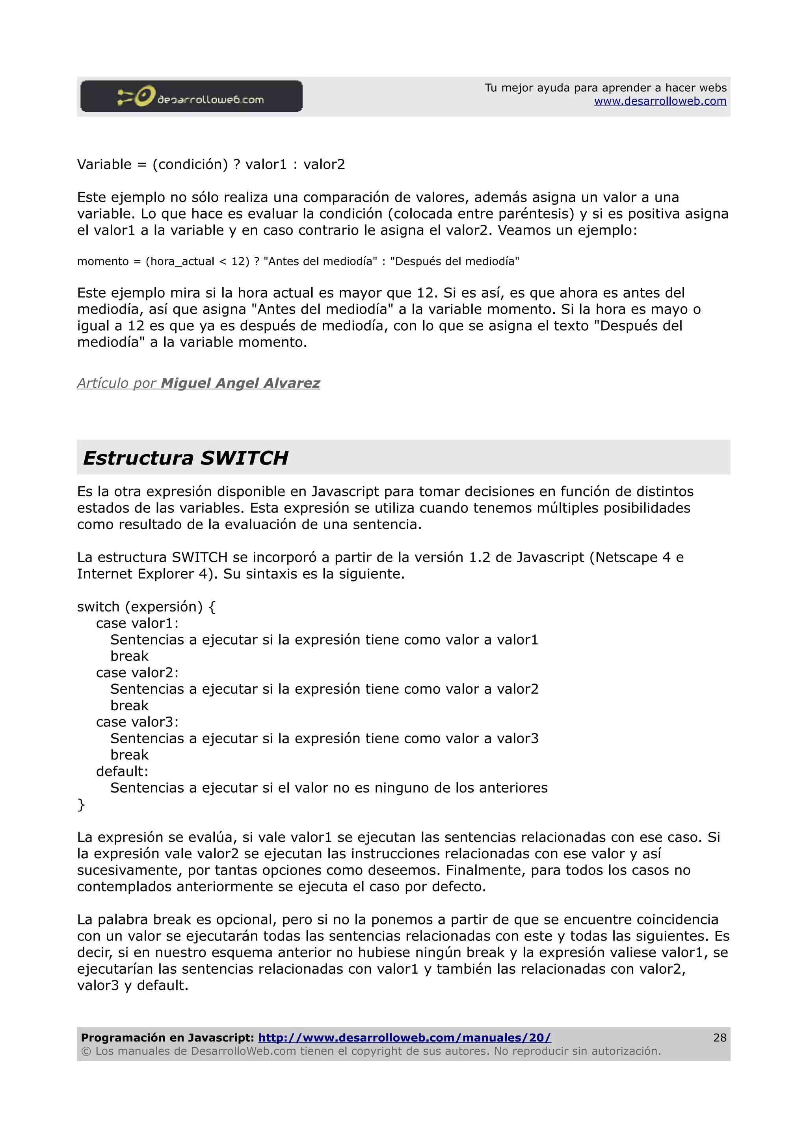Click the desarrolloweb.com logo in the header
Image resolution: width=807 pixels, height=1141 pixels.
coord(191,96)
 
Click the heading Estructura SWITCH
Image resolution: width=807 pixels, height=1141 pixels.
coord(186,458)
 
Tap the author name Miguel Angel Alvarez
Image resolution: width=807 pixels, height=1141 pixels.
coord(240,383)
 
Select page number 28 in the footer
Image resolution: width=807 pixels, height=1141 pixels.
coord(720,1037)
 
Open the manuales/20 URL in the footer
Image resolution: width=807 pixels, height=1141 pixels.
coord(404,1037)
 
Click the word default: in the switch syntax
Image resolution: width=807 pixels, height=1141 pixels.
coord(122,771)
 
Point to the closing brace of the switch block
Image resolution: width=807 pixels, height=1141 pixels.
coord(81,804)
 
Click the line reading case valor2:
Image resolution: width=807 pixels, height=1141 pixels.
coord(137,672)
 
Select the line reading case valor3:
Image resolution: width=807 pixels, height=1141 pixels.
coord(137,722)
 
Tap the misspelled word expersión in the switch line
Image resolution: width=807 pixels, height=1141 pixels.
coord(164,607)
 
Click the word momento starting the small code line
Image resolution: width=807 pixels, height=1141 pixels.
coord(103,261)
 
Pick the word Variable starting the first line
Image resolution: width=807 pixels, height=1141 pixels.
coord(104,165)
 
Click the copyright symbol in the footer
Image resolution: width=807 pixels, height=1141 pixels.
coord(86,1051)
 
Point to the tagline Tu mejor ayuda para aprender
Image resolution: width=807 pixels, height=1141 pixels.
coord(605,88)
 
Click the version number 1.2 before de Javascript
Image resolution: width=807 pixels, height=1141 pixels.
coord(479,557)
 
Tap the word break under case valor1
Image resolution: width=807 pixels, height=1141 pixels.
coord(129,656)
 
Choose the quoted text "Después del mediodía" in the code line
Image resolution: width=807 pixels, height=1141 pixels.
coord(454,261)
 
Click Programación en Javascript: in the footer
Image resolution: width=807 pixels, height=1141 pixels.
coord(167,1037)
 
